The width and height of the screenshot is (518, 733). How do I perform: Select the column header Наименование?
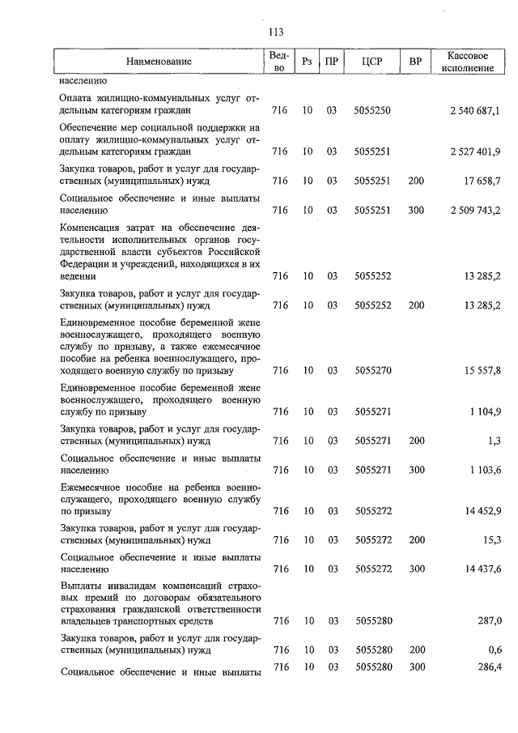[x=159, y=62]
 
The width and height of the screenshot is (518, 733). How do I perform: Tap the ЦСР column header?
[x=372, y=62]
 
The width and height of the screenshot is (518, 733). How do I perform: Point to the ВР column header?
[x=416, y=62]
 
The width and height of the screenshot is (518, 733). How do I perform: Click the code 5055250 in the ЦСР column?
[x=372, y=110]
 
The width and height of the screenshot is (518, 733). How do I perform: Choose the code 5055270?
[x=372, y=370]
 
